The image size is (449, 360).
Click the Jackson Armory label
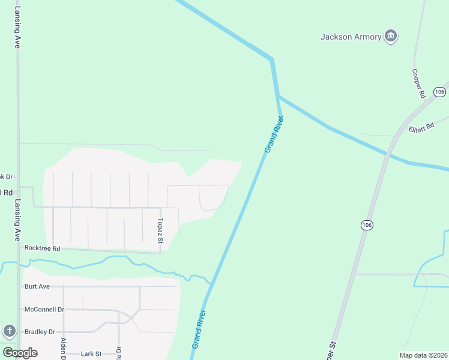click(x=351, y=37)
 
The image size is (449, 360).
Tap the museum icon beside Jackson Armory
click(x=391, y=37)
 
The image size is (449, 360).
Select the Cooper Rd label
click(x=418, y=83)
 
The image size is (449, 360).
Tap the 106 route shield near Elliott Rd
click(x=439, y=92)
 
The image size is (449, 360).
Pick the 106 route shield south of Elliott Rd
click(x=367, y=224)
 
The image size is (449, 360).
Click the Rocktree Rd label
click(x=43, y=248)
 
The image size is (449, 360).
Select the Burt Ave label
click(x=37, y=286)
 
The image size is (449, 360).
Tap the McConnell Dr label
click(x=44, y=309)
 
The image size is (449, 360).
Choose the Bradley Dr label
click(x=40, y=332)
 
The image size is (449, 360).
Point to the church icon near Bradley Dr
click(x=9, y=331)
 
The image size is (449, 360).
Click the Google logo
click(x=20, y=353)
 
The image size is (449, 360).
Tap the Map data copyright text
click(x=423, y=355)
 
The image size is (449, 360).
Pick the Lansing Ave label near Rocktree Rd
click(x=17, y=220)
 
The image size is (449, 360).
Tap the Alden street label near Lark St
click(x=63, y=349)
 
